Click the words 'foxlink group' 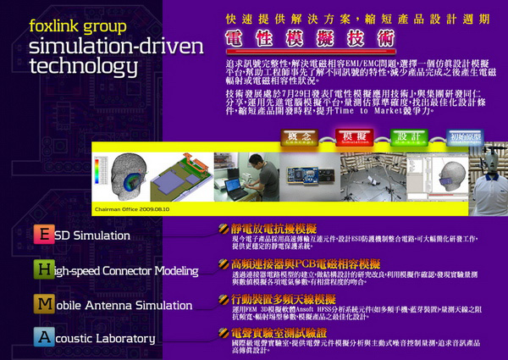[x=76, y=26]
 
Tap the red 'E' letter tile [x=42, y=235]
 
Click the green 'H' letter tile [x=42, y=269]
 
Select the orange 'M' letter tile [x=42, y=302]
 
